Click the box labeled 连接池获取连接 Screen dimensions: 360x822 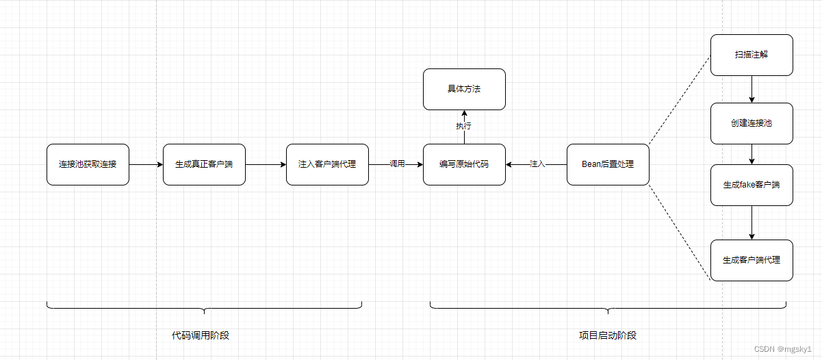(88, 164)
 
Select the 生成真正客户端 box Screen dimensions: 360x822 (204, 164)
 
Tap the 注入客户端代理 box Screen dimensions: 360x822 (327, 164)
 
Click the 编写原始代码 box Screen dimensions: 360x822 (464, 164)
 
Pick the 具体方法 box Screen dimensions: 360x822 (464, 89)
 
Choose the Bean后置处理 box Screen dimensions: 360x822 (608, 164)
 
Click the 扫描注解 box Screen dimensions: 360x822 (752, 55)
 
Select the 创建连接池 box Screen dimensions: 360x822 (752, 123)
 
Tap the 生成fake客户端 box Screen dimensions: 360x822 (752, 185)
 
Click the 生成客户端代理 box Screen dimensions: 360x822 (752, 260)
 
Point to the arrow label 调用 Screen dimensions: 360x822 (397, 164)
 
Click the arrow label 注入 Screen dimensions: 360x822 (537, 164)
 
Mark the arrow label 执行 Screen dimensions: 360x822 (464, 126)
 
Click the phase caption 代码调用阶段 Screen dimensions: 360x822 (205, 335)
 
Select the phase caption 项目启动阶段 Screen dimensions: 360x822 (608, 335)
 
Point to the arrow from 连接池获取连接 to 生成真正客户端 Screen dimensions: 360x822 (146, 164)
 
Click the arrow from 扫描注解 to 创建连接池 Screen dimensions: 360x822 (752, 89)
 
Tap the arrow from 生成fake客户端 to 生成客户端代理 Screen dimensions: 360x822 (752, 222)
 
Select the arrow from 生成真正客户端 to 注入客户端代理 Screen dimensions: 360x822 (266, 164)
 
